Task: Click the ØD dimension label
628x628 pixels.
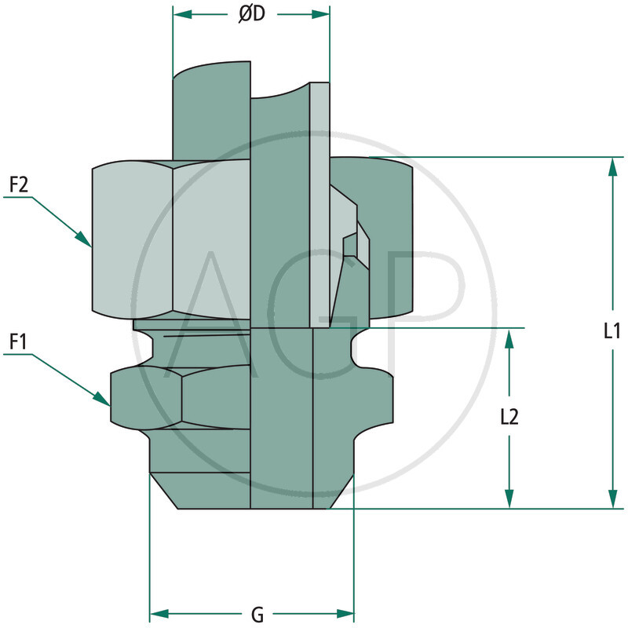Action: pos(251,15)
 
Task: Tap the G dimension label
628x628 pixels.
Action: pos(257,613)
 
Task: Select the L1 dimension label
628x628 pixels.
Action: pos(612,331)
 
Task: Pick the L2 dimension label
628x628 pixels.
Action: pos(509,417)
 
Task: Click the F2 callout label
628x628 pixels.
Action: pos(19,185)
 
